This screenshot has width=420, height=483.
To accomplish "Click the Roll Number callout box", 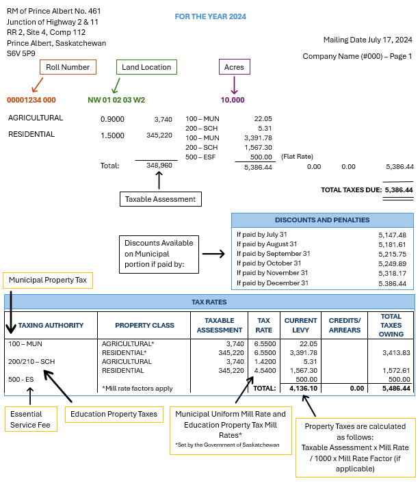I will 67,67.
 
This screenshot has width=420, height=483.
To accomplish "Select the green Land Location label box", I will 146,67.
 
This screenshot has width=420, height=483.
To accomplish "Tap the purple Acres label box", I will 234,67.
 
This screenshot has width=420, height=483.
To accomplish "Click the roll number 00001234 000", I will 31,100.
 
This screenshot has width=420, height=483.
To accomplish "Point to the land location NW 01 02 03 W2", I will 116,100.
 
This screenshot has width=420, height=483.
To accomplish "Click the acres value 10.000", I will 233,100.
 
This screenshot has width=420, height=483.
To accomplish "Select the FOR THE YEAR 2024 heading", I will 210,16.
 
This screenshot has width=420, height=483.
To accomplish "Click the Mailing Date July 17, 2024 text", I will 368,40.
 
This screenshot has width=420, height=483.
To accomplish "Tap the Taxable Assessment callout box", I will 161,199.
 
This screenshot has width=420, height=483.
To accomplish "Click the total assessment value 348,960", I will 159,166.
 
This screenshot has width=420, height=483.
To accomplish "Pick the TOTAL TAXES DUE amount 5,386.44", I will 399,190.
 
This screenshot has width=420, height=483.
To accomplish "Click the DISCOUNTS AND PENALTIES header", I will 322,220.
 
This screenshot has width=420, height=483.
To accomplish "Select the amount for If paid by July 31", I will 392,235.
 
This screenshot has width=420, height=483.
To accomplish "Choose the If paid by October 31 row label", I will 268,263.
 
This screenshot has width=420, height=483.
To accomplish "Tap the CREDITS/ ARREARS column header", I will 345,325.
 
